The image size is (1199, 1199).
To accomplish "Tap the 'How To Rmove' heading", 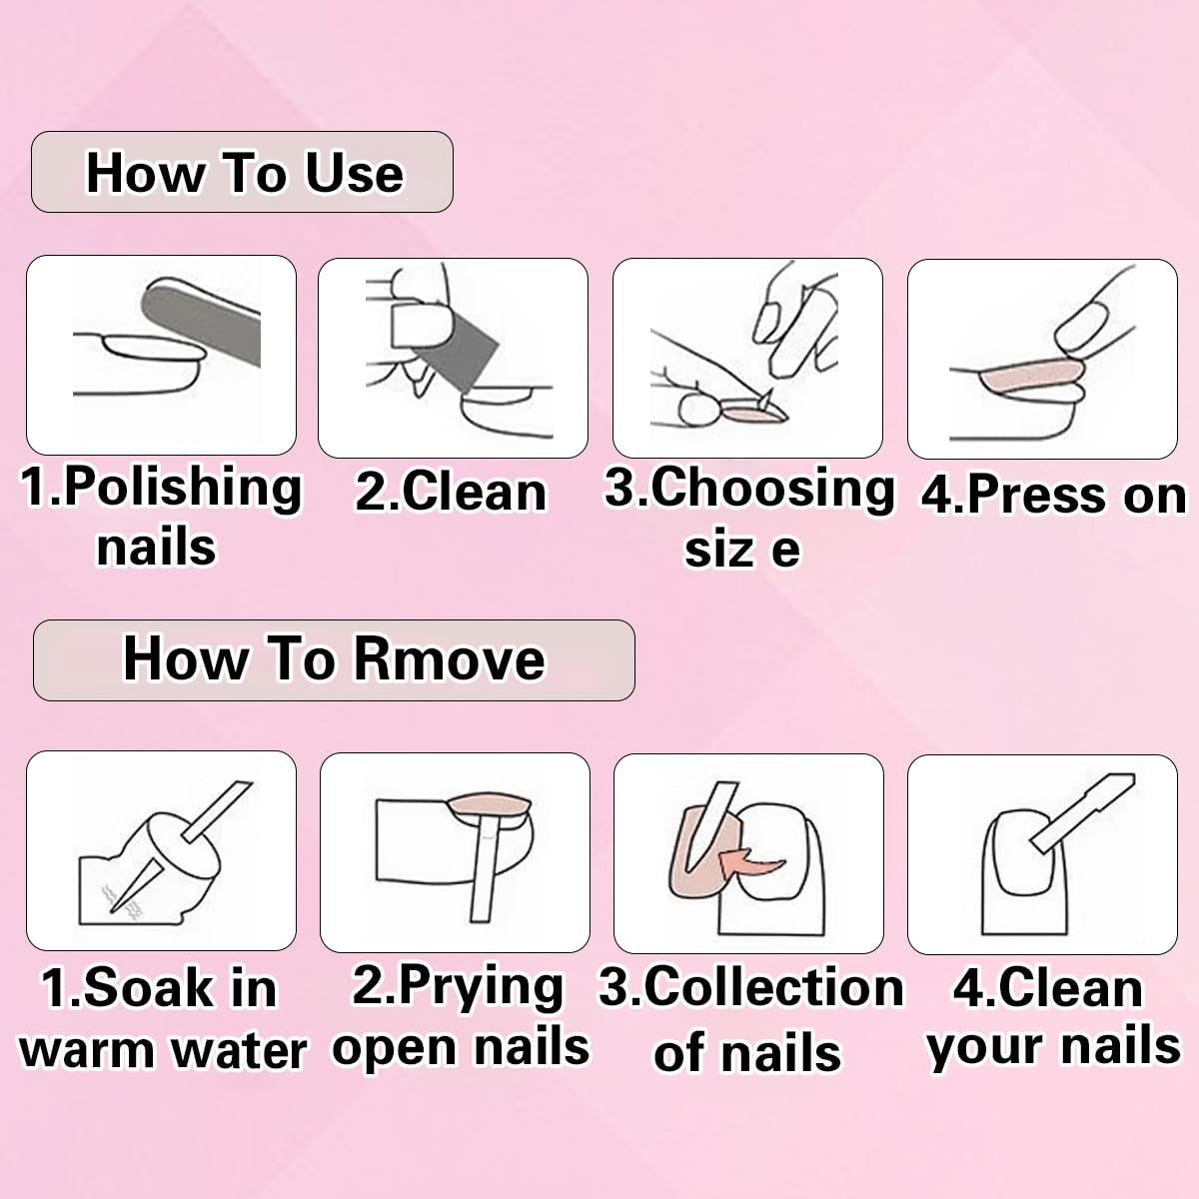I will click(x=334, y=660).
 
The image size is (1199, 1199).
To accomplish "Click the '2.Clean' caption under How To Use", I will click(x=451, y=492).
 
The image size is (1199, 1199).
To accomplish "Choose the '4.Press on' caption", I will click(x=1052, y=495).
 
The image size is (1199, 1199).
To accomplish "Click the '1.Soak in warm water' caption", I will click(x=161, y=1019).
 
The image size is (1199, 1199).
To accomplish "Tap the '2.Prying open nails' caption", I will click(x=460, y=1016).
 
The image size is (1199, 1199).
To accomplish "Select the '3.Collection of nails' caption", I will click(x=750, y=1019).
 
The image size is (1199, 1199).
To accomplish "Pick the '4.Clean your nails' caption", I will click(x=1051, y=1017).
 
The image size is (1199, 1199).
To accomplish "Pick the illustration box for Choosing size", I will click(x=747, y=358).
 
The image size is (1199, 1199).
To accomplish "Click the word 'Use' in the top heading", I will click(x=354, y=173).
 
